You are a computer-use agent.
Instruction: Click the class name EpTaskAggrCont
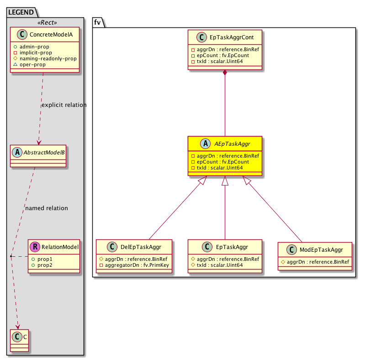[231, 37]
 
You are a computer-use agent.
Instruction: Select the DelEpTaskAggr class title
[140, 247]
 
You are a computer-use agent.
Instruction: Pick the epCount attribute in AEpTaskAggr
[220, 162]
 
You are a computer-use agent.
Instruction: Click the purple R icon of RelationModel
[34, 247]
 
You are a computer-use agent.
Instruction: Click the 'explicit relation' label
[63, 105]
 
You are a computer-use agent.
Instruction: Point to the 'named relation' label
[47, 208]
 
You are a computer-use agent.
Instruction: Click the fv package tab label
[97, 21]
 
